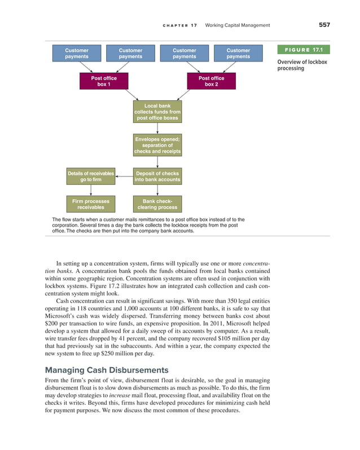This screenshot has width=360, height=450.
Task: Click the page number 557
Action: (323, 24)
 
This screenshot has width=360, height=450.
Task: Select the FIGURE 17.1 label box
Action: (303, 51)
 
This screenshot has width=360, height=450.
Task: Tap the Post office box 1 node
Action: (104, 81)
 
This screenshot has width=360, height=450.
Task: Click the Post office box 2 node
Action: (212, 81)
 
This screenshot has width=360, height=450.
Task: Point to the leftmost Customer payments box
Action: (77, 54)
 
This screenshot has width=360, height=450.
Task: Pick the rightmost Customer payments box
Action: (238, 54)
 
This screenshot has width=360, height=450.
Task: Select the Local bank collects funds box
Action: (157, 112)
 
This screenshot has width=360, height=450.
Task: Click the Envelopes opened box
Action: (157, 145)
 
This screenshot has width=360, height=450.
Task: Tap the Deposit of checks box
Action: (157, 177)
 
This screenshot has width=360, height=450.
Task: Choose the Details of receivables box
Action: (91, 177)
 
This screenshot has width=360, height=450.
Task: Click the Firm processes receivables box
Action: (91, 204)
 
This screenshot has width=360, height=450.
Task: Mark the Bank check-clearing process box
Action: (157, 204)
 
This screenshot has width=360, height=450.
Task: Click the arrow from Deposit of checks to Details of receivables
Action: (125, 177)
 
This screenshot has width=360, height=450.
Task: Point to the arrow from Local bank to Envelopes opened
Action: (157, 128)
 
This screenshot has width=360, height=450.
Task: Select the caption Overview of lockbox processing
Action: (302, 65)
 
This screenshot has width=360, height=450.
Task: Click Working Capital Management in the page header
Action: (238, 25)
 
